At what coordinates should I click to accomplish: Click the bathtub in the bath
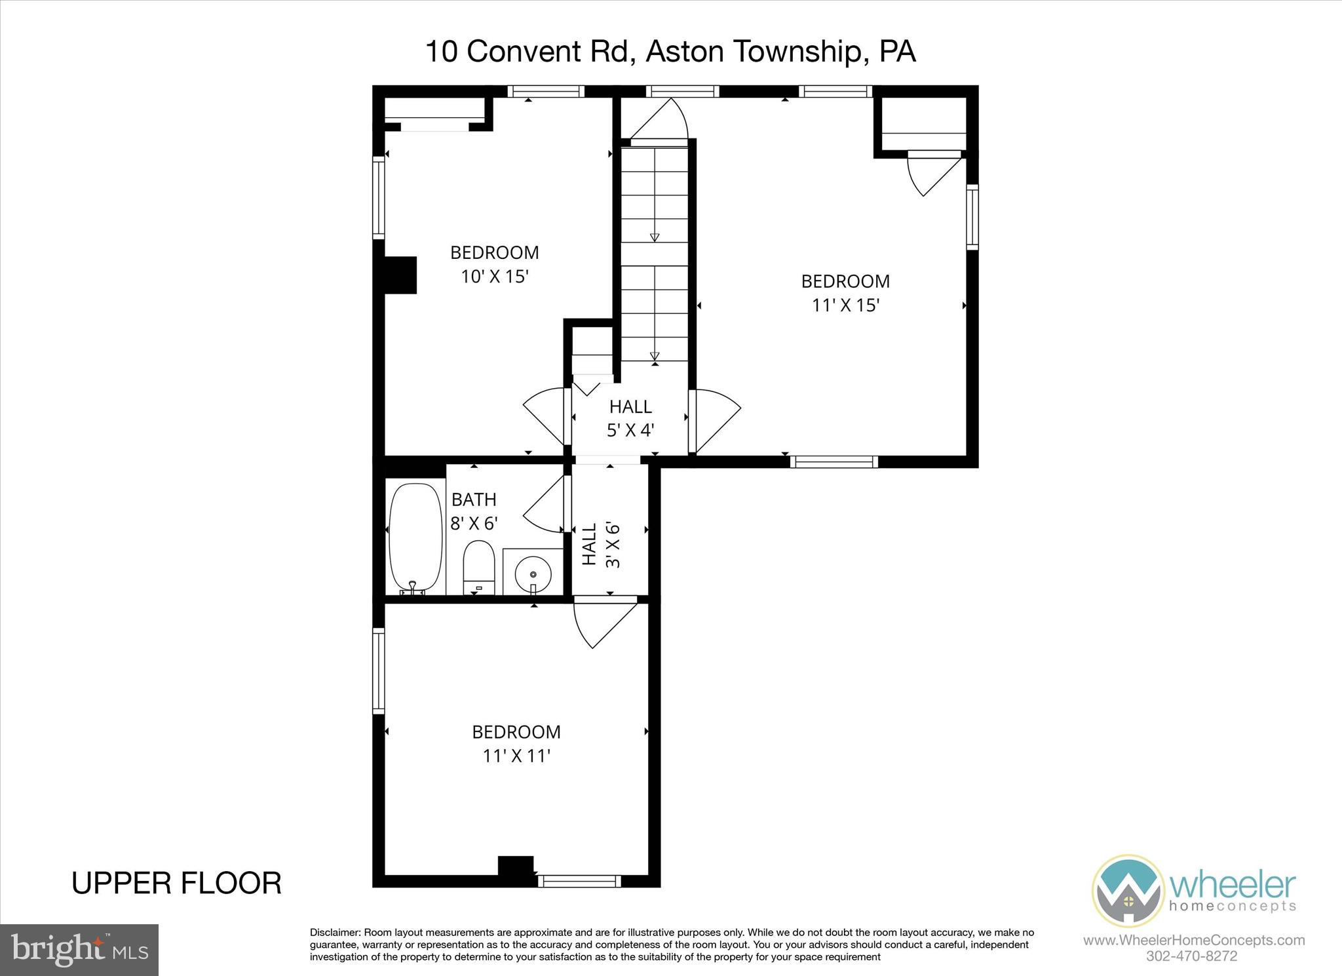coord(415,538)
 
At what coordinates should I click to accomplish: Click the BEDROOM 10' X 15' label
coord(495,264)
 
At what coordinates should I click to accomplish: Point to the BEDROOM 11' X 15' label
coord(845,293)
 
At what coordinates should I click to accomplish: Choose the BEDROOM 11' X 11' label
coord(516,743)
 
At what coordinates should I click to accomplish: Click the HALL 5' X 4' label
coord(630,418)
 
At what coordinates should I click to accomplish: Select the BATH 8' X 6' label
coord(474,511)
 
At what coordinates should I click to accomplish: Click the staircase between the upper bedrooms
coord(655,256)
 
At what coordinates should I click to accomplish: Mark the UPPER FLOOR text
coord(176,883)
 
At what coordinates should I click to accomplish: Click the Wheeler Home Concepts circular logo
coord(1128,891)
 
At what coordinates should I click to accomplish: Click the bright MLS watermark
coord(79,949)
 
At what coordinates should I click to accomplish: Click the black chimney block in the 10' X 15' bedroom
coord(400,275)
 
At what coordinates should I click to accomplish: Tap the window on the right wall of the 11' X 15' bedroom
coord(972,216)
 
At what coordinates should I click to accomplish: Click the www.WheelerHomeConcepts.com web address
coord(1194,941)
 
